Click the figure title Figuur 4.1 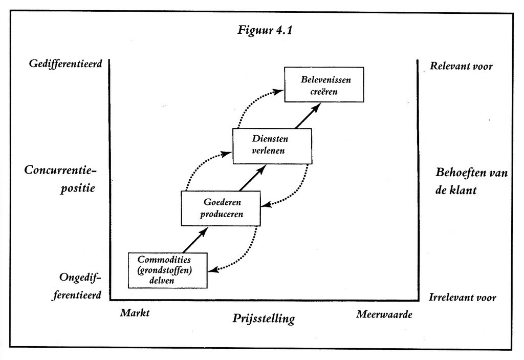[x=265, y=30]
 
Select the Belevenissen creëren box [x=324, y=84]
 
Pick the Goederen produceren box [x=221, y=207]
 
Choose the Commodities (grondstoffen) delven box [x=168, y=269]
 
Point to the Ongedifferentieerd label [x=77, y=286]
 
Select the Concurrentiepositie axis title [x=60, y=178]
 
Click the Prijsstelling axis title [x=264, y=319]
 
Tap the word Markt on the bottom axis [x=135, y=313]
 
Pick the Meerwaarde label [x=384, y=314]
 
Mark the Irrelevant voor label [x=463, y=298]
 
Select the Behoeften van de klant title [x=471, y=181]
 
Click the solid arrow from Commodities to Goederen [x=195, y=239]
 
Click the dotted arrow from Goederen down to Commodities [x=245, y=255]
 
